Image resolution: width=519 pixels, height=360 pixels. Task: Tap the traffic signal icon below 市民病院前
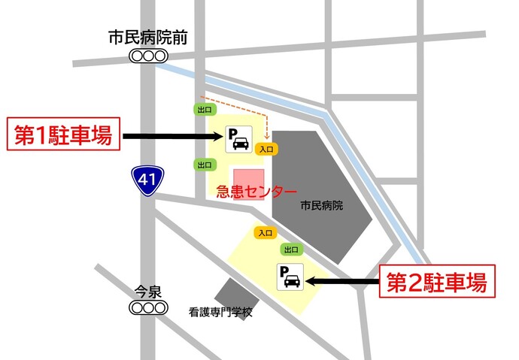[147, 56]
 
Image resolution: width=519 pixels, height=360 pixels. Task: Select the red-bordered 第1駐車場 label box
[64, 136]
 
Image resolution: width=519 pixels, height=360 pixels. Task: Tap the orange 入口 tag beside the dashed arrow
[267, 149]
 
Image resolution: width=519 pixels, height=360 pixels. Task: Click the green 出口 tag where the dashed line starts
[204, 109]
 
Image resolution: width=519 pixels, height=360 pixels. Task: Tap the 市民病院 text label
[321, 204]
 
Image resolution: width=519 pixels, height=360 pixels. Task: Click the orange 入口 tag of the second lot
[265, 233]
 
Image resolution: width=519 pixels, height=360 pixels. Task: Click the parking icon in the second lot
[290, 277]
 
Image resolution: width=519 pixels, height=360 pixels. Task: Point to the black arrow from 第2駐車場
[343, 281]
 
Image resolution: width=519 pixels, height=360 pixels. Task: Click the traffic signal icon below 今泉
[147, 307]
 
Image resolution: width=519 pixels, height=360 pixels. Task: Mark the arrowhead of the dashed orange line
[268, 136]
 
